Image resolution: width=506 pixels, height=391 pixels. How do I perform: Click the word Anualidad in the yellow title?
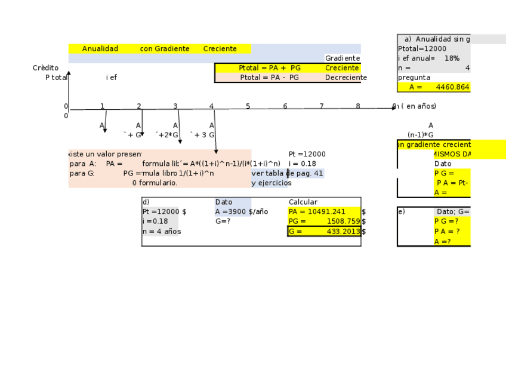pos(100,49)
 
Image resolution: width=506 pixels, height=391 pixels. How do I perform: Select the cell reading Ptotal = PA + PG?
pos(270,68)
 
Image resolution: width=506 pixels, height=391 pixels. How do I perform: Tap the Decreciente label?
pos(346,78)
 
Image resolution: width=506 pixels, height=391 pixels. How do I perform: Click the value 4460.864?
pos(452,87)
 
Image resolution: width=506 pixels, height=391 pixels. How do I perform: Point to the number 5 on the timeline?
pos(248,106)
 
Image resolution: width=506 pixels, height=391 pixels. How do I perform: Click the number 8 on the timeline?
pos(358,106)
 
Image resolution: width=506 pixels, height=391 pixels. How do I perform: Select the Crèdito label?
pos(45,68)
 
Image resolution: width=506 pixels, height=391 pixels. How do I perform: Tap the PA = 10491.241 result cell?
pos(317,211)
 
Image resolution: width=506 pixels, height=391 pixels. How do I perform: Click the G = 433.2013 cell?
pos(324,231)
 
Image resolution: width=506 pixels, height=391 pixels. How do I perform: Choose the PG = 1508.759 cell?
pos(324,221)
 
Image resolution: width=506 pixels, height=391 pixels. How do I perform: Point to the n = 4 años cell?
pos(161,231)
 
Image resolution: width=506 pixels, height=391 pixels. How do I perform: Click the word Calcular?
pos(303,202)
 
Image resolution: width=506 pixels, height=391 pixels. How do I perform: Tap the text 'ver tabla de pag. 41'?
pos(288,173)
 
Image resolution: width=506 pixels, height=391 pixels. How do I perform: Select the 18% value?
pos(452,59)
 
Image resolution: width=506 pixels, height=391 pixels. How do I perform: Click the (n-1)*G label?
pos(421,135)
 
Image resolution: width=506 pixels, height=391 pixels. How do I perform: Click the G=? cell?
pos(223,221)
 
